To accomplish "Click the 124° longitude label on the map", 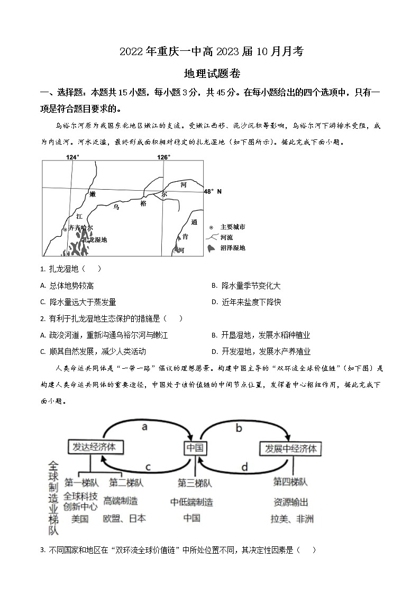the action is (x=72, y=157).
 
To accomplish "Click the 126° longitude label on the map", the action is (x=163, y=157).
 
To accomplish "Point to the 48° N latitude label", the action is (x=213, y=191).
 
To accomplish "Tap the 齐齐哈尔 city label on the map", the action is (x=81, y=228).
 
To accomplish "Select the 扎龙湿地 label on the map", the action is (x=95, y=239).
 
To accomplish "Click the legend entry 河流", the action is (x=227, y=237).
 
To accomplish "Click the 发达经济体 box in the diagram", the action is (x=96, y=447).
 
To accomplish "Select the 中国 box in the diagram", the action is (x=195, y=448).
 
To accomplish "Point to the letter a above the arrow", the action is (x=144, y=427).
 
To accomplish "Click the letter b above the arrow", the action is (x=239, y=428).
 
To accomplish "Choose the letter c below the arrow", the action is (x=149, y=467).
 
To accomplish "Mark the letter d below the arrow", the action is (x=244, y=467).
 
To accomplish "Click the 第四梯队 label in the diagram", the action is (x=290, y=482).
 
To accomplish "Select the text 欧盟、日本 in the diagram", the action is (x=124, y=518).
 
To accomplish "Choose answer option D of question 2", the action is (x=261, y=351).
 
